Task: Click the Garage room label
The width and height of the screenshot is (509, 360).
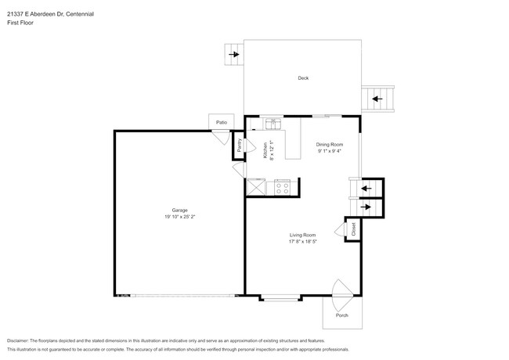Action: [179, 210]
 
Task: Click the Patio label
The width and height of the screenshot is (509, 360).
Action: [222, 122]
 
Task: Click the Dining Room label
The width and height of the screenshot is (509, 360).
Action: [330, 145]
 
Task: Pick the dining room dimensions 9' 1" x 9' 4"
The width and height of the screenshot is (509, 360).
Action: [330, 151]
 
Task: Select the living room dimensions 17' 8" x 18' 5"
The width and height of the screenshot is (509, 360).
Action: [302, 242]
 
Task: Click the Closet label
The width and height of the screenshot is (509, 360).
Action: [353, 229]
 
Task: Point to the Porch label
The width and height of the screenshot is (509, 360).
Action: [341, 315]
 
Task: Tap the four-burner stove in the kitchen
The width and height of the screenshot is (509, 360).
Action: [282, 188]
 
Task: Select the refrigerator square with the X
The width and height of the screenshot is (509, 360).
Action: [256, 187]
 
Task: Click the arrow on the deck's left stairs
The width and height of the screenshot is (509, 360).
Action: [233, 55]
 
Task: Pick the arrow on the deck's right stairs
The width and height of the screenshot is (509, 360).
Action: [377, 99]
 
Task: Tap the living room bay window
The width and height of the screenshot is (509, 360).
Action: [280, 298]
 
